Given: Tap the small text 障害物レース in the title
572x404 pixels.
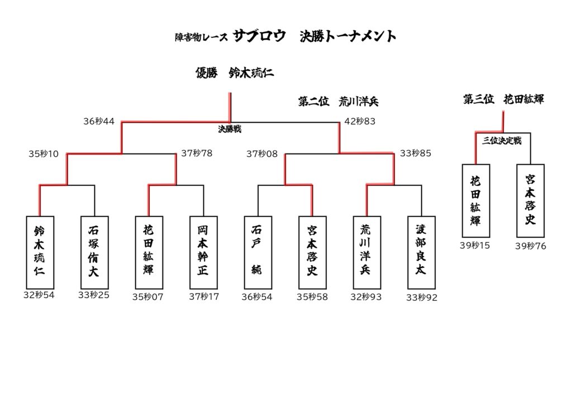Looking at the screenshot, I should [201, 37].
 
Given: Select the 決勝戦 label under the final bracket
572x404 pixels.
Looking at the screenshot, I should [229, 129].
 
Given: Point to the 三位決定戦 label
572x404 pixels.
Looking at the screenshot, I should [502, 141].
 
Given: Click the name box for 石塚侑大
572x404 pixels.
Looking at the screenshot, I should [94, 252].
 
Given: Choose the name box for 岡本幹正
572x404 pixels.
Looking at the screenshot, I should [203, 252].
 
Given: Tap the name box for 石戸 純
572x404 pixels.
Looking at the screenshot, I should [258, 252].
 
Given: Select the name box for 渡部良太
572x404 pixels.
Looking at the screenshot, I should [421, 252].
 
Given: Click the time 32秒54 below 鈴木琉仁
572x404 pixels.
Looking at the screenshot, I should [39, 295].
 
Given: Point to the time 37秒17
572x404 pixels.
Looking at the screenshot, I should [204, 297].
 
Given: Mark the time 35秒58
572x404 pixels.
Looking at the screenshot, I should [312, 297].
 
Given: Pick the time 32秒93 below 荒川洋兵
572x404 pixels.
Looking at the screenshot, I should [366, 297].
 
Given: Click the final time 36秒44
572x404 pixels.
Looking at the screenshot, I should [99, 121].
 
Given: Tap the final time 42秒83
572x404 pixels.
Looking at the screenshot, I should [360, 121].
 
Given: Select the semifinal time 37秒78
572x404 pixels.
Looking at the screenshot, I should [197, 153].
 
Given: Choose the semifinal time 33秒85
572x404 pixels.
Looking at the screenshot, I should [415, 153].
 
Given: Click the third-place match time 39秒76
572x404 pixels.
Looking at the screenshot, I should [530, 246].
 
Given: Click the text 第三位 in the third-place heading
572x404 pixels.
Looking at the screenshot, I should [479, 99].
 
